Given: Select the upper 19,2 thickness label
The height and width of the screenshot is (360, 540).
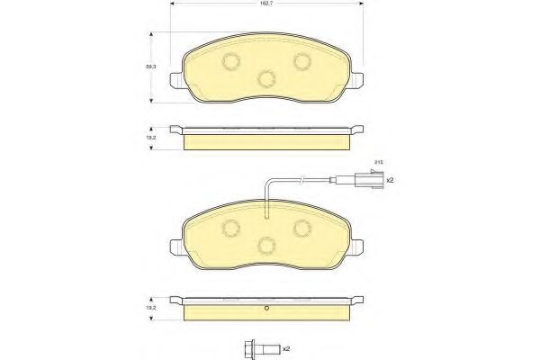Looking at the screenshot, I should pos(153,139).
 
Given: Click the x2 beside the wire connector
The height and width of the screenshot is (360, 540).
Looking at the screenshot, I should pos(390,180).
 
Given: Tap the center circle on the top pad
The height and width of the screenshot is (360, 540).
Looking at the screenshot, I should pos(265,78).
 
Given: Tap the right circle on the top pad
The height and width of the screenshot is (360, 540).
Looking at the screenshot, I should pos(302,61).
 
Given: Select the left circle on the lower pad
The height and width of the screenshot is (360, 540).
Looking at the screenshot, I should pos(229,227).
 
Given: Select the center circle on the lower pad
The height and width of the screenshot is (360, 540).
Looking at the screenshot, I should pos(265,244).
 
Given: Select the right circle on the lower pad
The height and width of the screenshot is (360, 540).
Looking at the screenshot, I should pos(302,227).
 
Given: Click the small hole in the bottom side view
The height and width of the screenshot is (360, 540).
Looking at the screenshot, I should pos(266,311).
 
